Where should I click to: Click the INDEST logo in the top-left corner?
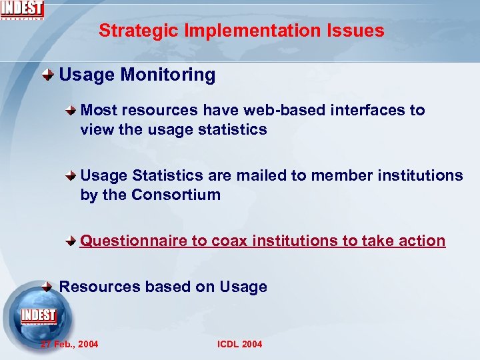22,9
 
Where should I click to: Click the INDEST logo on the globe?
39,315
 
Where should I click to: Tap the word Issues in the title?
359,31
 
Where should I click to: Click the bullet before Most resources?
72,111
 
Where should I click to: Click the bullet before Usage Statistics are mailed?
72,177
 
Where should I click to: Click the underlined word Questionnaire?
133,241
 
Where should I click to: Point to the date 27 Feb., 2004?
69,344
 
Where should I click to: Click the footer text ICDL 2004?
239,344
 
